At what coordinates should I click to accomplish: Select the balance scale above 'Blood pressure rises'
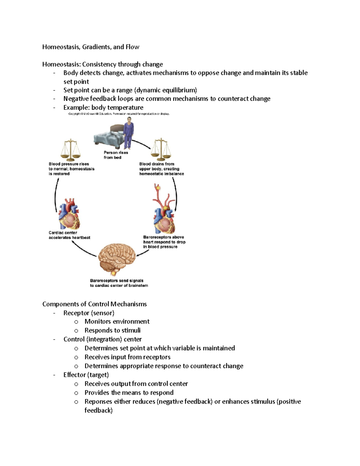tap(70, 150)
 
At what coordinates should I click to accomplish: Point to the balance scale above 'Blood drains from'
tap(161, 149)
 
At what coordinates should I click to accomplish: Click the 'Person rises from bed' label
tap(115, 155)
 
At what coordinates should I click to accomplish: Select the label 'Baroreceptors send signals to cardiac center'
tap(119, 283)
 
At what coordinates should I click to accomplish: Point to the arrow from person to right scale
tap(141, 144)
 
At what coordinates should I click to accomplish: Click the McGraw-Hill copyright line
tap(119, 114)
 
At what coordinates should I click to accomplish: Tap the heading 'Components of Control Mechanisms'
tap(94, 304)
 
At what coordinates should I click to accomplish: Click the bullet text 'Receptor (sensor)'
tap(89, 313)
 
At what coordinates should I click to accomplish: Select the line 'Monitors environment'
tap(117, 322)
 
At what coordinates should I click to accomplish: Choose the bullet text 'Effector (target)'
tap(86, 375)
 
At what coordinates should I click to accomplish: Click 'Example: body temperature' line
tap(103, 107)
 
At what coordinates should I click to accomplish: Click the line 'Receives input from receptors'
tap(127, 357)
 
